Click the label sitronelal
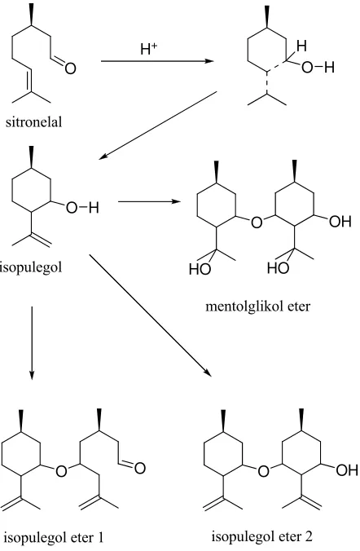(x=33, y=122)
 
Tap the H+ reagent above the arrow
(x=148, y=49)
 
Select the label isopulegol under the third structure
(x=31, y=267)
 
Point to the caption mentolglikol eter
(x=258, y=306)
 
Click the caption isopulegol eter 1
(x=54, y=537)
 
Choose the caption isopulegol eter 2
(x=262, y=536)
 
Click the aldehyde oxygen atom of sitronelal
(x=70, y=68)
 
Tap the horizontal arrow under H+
(x=157, y=61)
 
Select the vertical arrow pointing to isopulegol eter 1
(x=32, y=343)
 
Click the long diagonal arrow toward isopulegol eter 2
(x=151, y=315)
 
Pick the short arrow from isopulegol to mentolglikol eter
(x=150, y=201)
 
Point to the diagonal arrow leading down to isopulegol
(x=158, y=126)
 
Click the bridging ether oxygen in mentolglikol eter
(x=257, y=222)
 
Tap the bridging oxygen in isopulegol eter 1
(x=61, y=471)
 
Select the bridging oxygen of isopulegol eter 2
(x=263, y=471)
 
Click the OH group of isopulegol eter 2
(x=347, y=469)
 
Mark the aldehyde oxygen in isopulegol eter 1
(x=140, y=468)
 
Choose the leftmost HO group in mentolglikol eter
(x=200, y=269)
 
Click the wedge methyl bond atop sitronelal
(x=32, y=15)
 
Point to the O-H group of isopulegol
(x=82, y=207)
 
